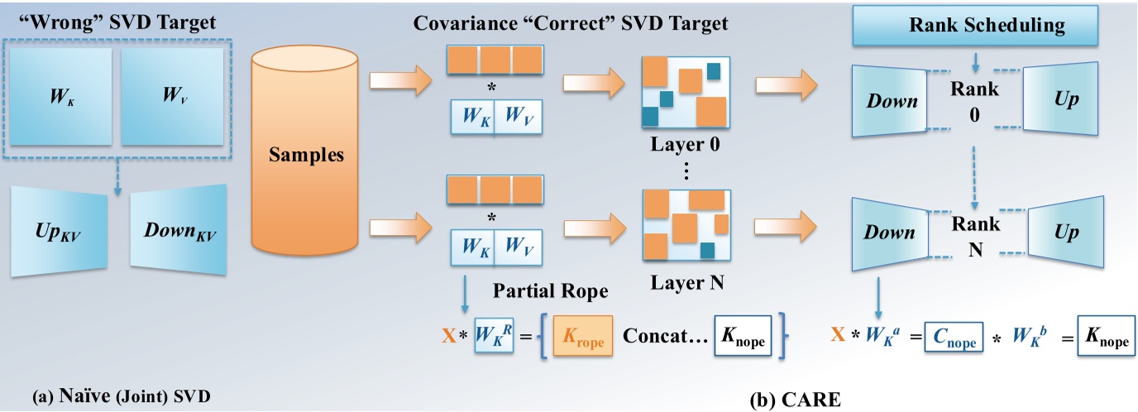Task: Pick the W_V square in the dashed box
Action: [x=172, y=97]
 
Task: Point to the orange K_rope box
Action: [x=583, y=340]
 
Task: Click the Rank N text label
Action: [x=976, y=234]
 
